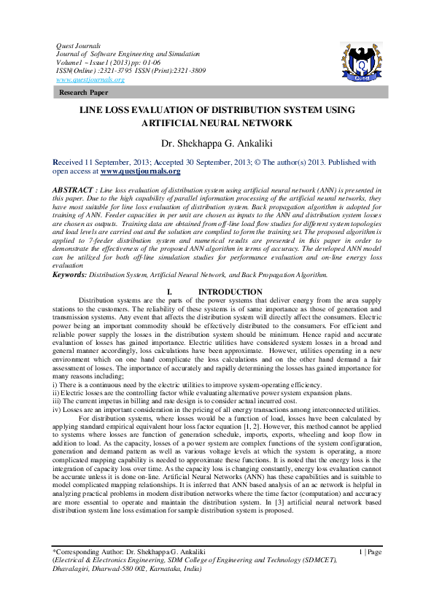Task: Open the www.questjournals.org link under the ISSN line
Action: tap(90, 79)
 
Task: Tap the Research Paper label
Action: tap(84, 93)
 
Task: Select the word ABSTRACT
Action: tap(72, 189)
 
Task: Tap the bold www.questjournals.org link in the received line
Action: tap(140, 171)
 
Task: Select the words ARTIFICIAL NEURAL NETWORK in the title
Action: tap(217, 124)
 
